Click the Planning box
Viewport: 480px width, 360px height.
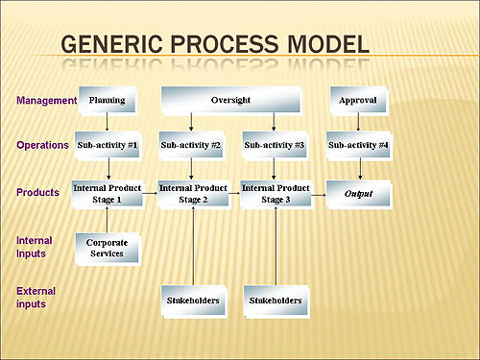107,100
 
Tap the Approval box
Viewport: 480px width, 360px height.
359,100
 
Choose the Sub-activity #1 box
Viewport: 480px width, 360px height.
107,146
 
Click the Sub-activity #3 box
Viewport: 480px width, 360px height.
276,146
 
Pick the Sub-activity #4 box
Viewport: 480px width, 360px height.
359,146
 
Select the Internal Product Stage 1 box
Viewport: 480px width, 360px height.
107,193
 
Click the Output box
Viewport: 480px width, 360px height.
359,193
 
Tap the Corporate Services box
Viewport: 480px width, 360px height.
107,249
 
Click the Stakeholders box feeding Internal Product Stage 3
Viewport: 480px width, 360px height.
276,300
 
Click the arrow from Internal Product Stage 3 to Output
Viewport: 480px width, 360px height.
319,193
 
